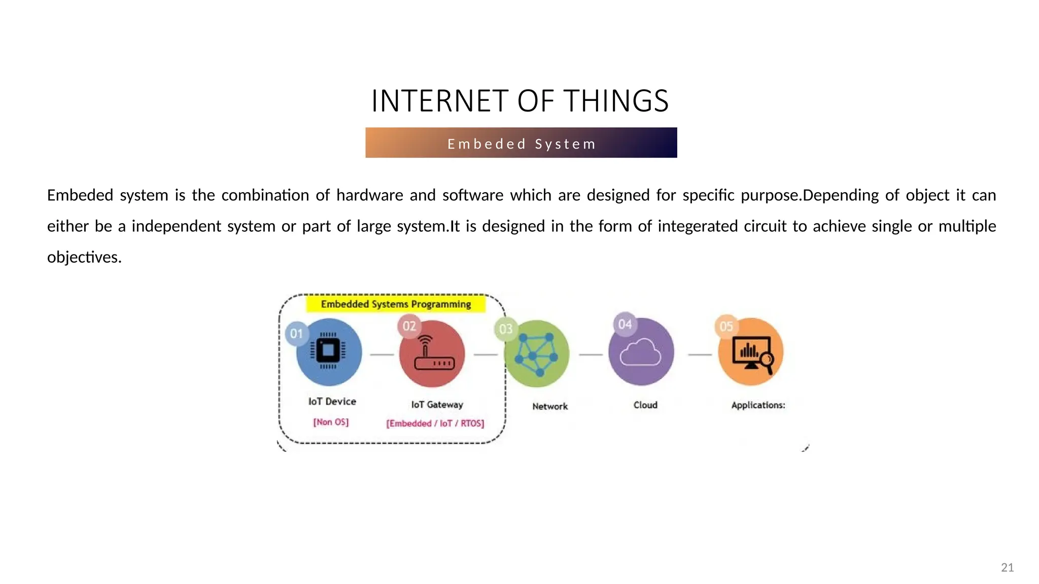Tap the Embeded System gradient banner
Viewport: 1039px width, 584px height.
[x=521, y=143]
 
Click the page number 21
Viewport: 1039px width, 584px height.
[x=1007, y=567]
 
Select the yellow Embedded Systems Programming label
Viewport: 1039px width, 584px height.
[x=396, y=304]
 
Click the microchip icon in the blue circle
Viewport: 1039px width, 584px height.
[x=328, y=351]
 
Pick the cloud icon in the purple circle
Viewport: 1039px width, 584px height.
[x=641, y=352]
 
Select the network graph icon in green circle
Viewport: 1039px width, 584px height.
[x=536, y=354]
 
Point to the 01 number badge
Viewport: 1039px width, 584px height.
[x=297, y=334]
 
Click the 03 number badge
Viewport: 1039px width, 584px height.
[x=506, y=329]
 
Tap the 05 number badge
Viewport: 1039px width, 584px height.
[x=726, y=326]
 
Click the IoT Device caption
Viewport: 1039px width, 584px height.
[x=332, y=401]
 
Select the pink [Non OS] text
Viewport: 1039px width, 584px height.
[x=331, y=422]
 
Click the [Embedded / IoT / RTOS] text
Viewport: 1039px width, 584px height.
[x=435, y=423]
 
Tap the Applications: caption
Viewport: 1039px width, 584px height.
[x=758, y=405]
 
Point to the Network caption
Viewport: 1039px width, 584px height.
[x=550, y=406]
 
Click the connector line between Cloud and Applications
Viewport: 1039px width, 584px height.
[x=700, y=354]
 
